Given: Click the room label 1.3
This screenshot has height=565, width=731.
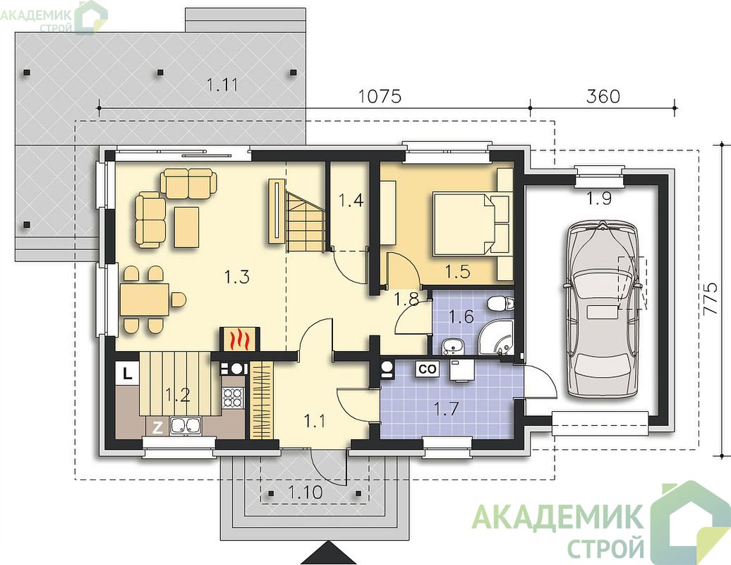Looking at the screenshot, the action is point(237,277).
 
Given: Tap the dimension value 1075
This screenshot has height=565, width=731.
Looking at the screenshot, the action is point(380,96).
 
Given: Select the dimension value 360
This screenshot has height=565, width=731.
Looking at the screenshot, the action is point(603,96).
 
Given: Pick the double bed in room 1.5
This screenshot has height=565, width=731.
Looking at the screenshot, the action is point(471,225).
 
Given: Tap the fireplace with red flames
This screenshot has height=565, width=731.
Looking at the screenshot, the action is point(238,339).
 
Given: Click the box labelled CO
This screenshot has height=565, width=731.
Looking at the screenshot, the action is point(428,369).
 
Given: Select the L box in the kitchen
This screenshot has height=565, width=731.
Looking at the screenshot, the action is point(127,373).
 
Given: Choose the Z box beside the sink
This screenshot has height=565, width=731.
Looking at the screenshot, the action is point(158,427).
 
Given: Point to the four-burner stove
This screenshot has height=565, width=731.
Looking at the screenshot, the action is point(233,397).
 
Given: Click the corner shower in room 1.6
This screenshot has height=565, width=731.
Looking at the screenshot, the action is point(496,338).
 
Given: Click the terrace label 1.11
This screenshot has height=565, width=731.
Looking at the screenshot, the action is point(222,85).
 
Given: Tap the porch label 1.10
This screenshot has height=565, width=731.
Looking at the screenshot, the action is point(306,492).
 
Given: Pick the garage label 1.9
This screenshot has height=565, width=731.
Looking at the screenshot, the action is point(599,198).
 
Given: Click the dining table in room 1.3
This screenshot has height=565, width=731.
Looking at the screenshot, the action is point(144,299).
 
